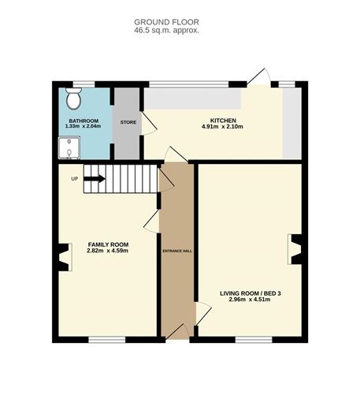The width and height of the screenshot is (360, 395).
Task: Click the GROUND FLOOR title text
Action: tap(167, 21)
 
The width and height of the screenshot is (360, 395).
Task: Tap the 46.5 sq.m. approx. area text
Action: tap(167, 31)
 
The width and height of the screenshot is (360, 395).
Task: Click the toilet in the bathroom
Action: tap(74, 99)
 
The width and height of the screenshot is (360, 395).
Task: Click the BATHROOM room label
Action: tap(83, 121)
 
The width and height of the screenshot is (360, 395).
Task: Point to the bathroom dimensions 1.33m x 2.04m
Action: tap(83, 127)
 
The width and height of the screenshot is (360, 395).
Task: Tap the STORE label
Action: tap(128, 122)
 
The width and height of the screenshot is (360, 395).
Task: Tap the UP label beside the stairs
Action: tap(75, 178)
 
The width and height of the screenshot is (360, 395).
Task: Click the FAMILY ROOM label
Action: tap(108, 244)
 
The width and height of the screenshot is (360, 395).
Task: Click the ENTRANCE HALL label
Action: tap(178, 251)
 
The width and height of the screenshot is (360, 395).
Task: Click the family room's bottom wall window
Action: tap(103, 340)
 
